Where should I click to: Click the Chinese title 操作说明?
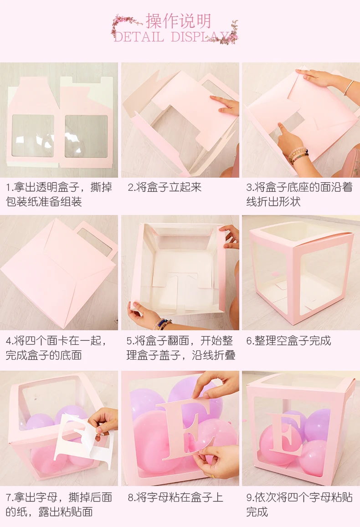178,21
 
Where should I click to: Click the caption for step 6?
288,340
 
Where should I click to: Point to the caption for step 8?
175,497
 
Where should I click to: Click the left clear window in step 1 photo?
33,136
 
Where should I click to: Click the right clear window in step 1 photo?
86,136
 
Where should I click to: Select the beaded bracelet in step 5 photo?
161,324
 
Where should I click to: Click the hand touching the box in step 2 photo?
226,106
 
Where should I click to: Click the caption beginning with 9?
299,504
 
